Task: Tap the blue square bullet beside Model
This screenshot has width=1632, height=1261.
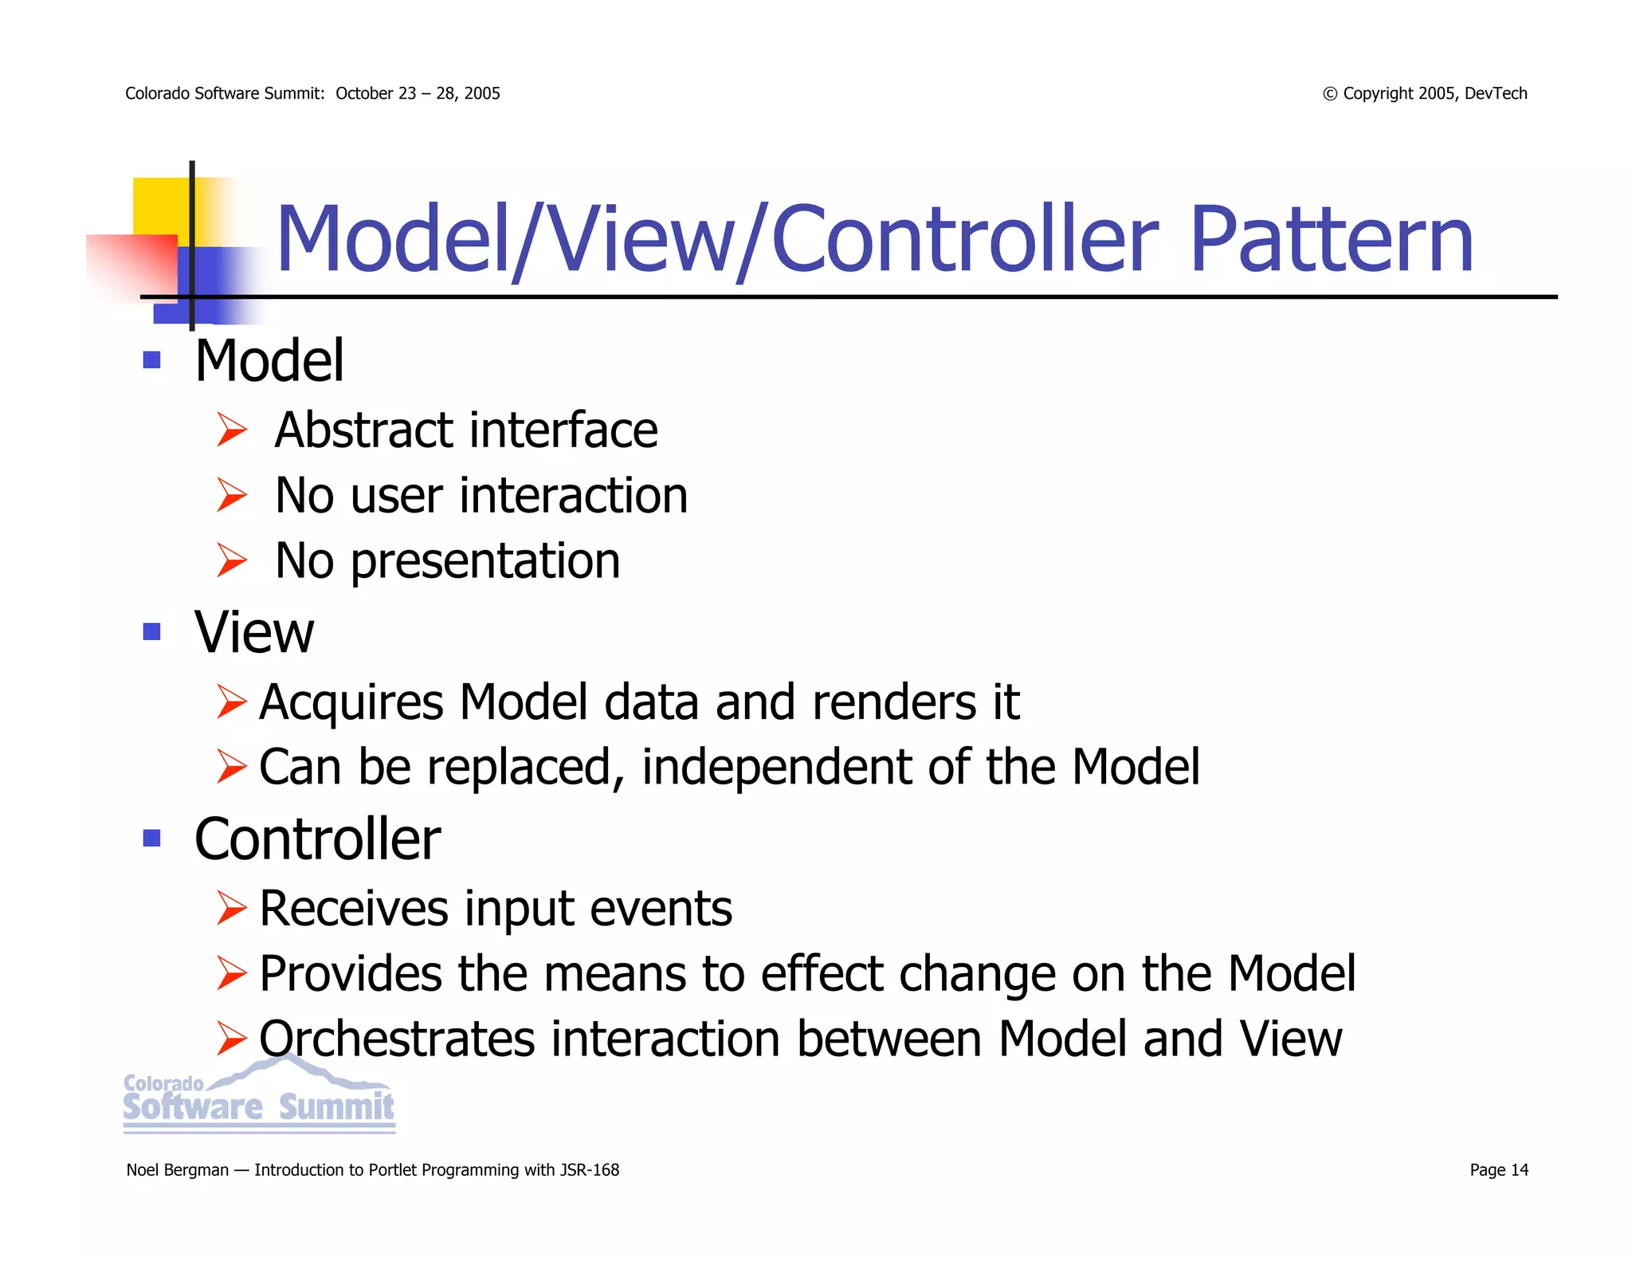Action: click(151, 360)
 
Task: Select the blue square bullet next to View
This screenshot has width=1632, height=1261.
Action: click(151, 632)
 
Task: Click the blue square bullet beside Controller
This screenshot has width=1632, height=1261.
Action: click(151, 838)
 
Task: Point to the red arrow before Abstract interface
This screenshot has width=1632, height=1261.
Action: click(232, 430)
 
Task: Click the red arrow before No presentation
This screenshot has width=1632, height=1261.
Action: click(232, 560)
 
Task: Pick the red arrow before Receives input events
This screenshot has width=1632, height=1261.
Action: click(232, 909)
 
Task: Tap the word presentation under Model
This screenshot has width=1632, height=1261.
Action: click(484, 561)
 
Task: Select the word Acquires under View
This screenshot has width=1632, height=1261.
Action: click(351, 702)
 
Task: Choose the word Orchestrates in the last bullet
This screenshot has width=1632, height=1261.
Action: click(397, 1039)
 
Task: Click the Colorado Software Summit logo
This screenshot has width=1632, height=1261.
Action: click(259, 1096)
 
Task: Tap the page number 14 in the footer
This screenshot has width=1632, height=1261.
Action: click(1519, 1169)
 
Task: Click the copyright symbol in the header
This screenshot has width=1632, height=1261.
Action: click(1329, 94)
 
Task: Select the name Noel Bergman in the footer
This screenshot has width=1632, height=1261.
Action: click(177, 1170)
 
